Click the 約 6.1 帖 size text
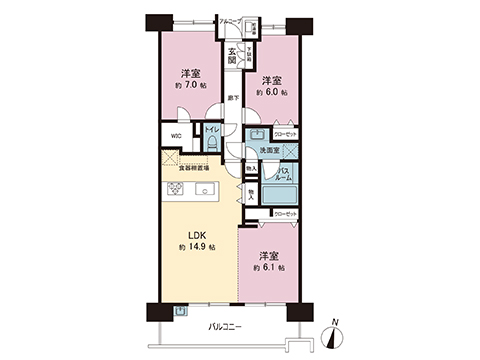[x=269, y=268]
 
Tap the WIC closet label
[x=175, y=137]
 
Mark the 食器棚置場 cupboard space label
[x=194, y=168]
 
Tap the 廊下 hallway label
[x=232, y=97]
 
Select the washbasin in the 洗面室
[x=256, y=133]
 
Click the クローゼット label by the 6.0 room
[x=285, y=133]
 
